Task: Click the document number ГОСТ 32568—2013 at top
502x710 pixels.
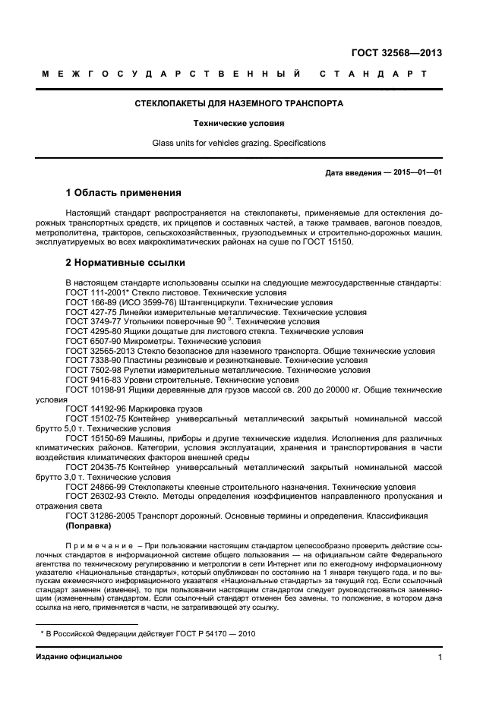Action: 397,53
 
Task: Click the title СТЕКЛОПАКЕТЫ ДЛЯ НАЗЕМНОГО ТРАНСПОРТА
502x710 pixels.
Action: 238,103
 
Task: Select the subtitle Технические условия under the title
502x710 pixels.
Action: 238,122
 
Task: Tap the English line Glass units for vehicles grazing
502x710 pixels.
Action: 238,142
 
